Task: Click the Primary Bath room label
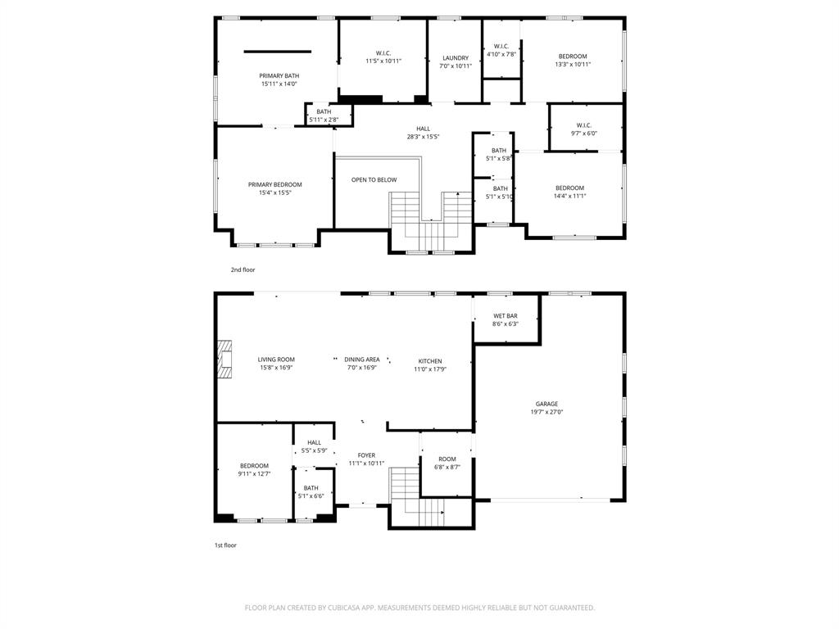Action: click(x=279, y=75)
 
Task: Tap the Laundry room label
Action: click(x=455, y=58)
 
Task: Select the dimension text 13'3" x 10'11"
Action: click(x=572, y=65)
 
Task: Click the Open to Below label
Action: click(x=374, y=180)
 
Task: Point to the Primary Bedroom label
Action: click(x=274, y=185)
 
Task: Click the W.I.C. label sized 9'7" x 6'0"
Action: click(x=583, y=125)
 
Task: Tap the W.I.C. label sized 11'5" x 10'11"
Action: click(x=383, y=53)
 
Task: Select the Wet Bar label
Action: click(x=505, y=316)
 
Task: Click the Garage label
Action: click(x=546, y=404)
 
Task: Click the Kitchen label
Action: click(x=430, y=361)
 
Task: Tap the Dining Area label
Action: click(x=361, y=360)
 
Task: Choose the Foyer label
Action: click(x=366, y=455)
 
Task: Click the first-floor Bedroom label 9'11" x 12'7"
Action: click(x=254, y=466)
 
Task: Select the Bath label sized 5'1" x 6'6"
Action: click(x=311, y=488)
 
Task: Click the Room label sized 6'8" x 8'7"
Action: click(x=447, y=459)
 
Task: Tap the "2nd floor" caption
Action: click(x=243, y=269)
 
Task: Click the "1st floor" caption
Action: click(x=225, y=545)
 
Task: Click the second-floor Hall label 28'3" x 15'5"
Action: click(x=423, y=129)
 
